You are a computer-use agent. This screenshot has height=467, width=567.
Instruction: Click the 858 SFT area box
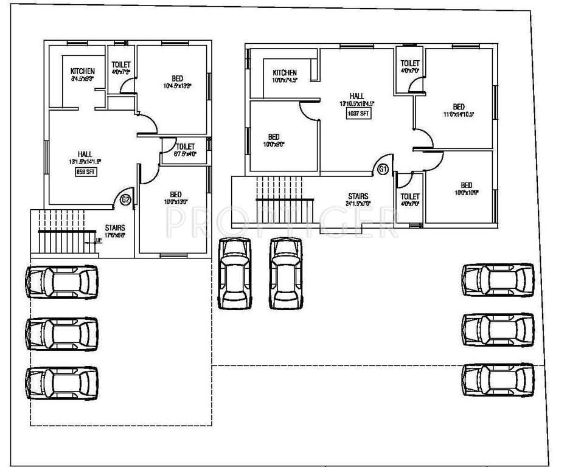pyautogui.click(x=85, y=172)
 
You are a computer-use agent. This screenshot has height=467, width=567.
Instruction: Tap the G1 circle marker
pyautogui.click(x=383, y=170)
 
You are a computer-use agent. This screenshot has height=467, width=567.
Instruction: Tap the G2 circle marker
pyautogui.click(x=125, y=199)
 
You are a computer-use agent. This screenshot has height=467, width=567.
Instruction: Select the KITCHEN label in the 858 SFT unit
pyautogui.click(x=83, y=71)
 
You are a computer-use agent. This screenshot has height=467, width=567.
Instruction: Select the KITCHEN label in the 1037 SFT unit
pyautogui.click(x=285, y=72)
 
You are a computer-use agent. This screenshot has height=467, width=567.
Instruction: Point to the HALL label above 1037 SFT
pyautogui.click(x=357, y=95)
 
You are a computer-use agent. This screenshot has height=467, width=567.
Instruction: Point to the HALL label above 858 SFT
pyautogui.click(x=85, y=153)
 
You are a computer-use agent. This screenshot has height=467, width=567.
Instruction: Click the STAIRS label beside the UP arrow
pyautogui.click(x=115, y=227)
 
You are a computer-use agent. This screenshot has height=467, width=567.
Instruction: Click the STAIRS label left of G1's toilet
pyautogui.click(x=358, y=196)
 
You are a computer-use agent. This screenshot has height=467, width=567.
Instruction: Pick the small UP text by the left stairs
pyautogui.click(x=98, y=240)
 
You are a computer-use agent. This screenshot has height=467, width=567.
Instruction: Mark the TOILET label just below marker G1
pyautogui.click(x=410, y=196)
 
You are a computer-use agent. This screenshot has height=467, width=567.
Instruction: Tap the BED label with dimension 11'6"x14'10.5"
pyautogui.click(x=459, y=106)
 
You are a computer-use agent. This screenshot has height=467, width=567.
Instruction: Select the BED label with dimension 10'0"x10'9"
pyautogui.click(x=467, y=185)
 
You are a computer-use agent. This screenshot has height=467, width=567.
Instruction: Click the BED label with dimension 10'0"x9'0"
pyautogui.click(x=274, y=136)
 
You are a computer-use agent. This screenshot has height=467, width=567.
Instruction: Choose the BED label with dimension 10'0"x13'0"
pyautogui.click(x=175, y=194)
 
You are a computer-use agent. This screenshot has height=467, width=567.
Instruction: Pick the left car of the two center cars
pyautogui.click(x=235, y=273)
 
